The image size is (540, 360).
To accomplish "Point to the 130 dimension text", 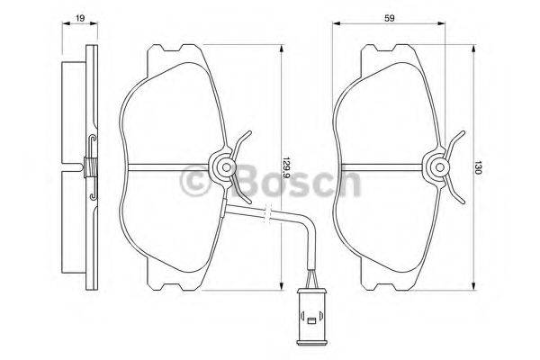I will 486,166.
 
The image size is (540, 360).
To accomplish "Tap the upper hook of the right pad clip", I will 456,141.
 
